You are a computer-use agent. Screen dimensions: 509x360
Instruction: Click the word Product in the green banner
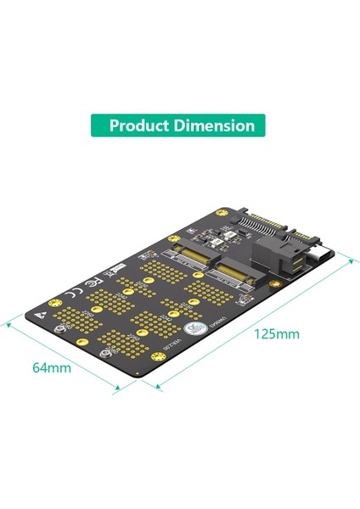tap(140, 126)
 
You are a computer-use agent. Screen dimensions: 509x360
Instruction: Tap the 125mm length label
tap(277, 333)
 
